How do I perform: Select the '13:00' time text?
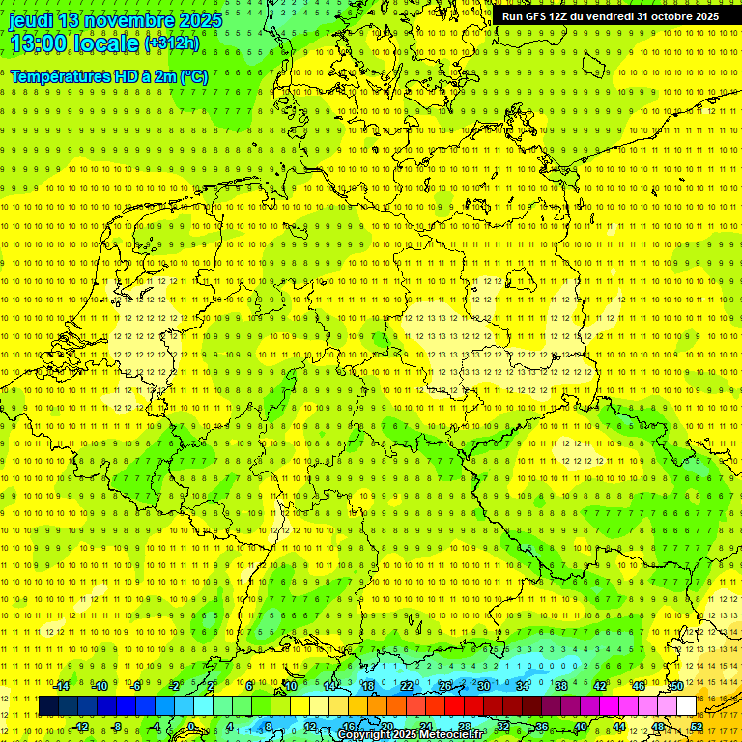tap(38, 43)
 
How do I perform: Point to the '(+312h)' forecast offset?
tap(171, 43)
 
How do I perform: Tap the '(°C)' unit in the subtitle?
tap(193, 76)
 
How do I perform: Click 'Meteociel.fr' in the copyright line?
tap(451, 735)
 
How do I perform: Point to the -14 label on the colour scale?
tap(62, 686)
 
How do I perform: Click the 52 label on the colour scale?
tap(697, 726)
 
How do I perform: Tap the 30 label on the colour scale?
tap(483, 686)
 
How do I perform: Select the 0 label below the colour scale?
tap(191, 726)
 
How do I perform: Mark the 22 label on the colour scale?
tap(406, 686)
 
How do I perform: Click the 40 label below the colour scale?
tap(580, 726)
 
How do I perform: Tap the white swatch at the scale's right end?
tap(686, 705)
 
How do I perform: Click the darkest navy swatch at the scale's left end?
tap(48, 705)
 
